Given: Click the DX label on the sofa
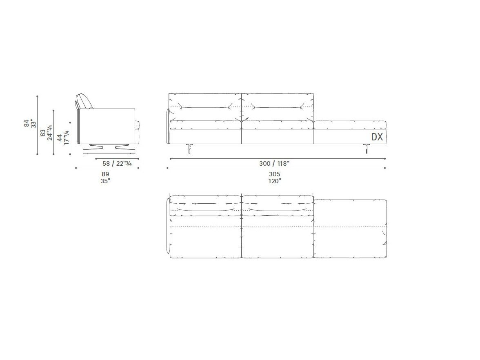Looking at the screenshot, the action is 377,137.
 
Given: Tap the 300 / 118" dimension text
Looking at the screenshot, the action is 274,163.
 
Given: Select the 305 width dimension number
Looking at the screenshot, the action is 275,174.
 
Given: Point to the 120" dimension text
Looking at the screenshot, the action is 275,181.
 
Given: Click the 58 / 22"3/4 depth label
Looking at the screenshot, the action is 117,163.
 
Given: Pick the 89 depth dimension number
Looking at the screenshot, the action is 105,174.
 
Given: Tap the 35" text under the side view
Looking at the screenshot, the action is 105,181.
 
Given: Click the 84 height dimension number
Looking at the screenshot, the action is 27,123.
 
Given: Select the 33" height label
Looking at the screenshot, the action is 33,123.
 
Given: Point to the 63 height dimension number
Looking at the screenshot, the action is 43,133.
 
